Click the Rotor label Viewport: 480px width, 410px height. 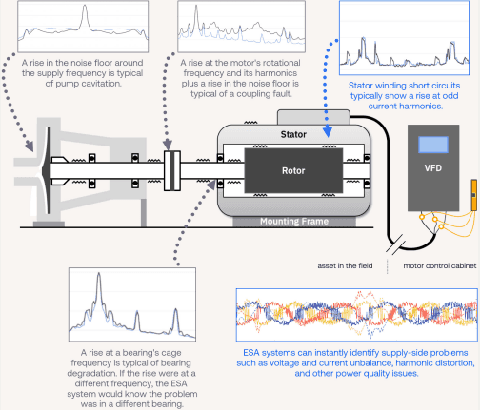pos(293,170)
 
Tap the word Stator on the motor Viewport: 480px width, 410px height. pos(293,134)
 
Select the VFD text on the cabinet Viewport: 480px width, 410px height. pos(433,167)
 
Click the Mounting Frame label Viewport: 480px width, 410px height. pos(294,221)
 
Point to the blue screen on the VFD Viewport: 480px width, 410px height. pos(433,145)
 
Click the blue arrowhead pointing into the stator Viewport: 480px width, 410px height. pos(328,132)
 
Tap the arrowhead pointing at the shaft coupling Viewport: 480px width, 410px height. pos(168,145)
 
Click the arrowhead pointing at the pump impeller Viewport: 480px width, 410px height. pos(30,146)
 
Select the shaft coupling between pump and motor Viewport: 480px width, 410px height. pos(172,170)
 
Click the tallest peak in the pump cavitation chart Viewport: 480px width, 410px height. pos(85,7)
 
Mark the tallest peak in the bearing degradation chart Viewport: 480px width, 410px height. pos(99,274)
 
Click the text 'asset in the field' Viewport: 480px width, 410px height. pos(345,265)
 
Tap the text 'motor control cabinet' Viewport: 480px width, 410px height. pos(440,265)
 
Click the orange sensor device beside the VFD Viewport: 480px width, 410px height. pos(474,195)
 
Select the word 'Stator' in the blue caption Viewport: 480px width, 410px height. pos(361,86)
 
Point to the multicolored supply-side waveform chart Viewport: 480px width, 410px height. pos(357,315)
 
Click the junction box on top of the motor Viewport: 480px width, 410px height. pos(313,117)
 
